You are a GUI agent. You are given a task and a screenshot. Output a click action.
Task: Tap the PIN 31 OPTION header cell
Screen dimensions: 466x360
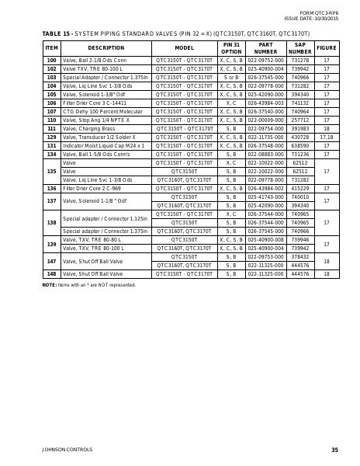(231, 48)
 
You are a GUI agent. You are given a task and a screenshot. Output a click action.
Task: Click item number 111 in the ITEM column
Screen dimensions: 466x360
(51, 128)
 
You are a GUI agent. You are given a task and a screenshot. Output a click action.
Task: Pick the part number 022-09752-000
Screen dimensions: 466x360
(266, 60)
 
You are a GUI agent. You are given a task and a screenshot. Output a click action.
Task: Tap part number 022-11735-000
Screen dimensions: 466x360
(266, 137)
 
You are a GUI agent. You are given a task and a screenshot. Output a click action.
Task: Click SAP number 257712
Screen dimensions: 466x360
(299, 120)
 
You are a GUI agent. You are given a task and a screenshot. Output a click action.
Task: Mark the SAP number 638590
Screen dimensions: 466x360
(299, 145)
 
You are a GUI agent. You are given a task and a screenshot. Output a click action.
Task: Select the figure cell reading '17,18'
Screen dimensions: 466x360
(327, 137)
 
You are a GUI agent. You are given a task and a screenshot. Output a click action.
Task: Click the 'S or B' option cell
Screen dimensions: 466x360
(231, 77)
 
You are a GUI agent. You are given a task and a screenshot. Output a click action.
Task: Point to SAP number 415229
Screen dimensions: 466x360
(299, 188)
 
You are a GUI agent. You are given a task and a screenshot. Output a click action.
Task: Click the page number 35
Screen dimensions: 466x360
(334, 450)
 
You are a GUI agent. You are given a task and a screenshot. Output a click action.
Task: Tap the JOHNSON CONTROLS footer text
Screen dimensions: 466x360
(66, 450)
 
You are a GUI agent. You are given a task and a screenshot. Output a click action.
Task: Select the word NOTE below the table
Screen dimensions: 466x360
(49, 285)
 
